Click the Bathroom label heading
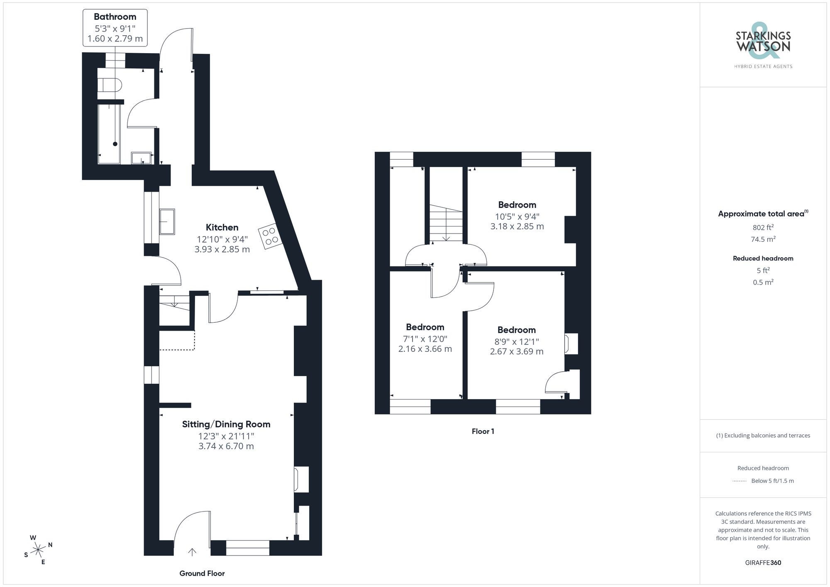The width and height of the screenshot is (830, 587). [115, 17]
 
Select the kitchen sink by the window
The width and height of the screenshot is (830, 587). [167, 222]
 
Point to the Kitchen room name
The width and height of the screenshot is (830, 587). [222, 227]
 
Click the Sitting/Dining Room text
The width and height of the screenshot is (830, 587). [226, 424]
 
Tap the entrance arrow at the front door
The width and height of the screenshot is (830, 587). [192, 552]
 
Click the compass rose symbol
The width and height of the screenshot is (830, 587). [38, 550]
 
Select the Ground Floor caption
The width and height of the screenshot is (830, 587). [202, 573]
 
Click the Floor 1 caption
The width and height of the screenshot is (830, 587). [483, 431]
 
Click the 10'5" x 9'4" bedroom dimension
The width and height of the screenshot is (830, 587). [517, 216]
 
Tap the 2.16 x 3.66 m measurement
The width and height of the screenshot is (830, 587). [425, 349]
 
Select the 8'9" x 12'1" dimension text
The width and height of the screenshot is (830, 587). [517, 341]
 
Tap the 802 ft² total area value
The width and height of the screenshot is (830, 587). [763, 227]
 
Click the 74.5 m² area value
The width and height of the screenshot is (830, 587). [763, 239]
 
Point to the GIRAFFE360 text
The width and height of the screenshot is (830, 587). [763, 563]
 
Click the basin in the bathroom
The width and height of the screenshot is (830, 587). [142, 158]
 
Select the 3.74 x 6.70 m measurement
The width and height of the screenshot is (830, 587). [226, 446]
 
